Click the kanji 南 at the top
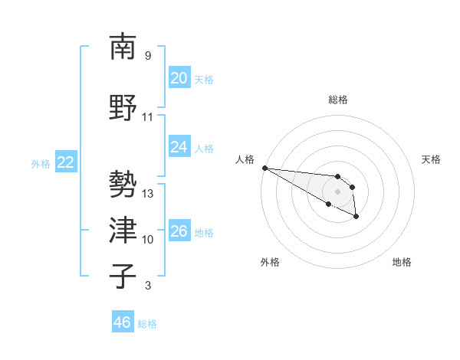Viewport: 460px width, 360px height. coord(123,47)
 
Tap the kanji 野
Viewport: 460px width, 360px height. coord(123,108)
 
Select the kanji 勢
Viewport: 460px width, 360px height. coord(123,185)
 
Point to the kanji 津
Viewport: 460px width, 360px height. coord(123,231)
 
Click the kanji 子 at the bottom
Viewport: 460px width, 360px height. coord(123,277)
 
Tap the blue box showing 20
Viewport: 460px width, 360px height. coord(179,78)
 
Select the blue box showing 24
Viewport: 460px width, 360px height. coord(179,147)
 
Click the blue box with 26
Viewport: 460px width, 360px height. coord(179,231)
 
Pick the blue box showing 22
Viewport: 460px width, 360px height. coord(65,162)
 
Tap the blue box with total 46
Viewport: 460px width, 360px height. coord(122,322)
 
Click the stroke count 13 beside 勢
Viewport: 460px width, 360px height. coord(148,194)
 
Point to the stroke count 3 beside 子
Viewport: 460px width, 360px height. coord(148,286)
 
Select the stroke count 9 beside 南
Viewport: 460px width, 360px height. coord(148,56)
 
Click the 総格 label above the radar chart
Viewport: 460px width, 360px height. coord(338,100)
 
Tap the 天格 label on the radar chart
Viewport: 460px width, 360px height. coord(432,159)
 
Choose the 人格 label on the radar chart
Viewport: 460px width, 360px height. coord(245,159)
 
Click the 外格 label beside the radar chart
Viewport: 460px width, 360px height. coord(270,262)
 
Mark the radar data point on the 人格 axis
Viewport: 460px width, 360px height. coord(264,168)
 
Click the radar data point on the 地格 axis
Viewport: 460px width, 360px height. coord(356,218)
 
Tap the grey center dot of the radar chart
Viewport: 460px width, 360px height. coord(338,191)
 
